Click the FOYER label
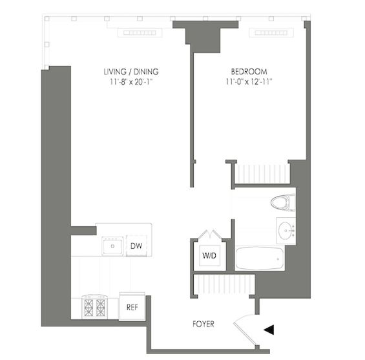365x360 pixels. click(x=203, y=324)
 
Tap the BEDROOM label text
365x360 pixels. click(x=249, y=72)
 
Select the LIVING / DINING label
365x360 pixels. click(x=131, y=72)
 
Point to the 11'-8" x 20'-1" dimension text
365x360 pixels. click(x=131, y=82)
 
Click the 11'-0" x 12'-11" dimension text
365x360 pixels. click(x=249, y=82)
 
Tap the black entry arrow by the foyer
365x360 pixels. click(x=269, y=330)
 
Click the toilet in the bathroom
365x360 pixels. click(x=283, y=202)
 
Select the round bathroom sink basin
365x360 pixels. click(x=285, y=231)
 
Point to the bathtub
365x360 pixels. click(x=259, y=259)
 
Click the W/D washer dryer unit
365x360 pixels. click(x=209, y=255)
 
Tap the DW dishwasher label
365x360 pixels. click(x=136, y=246)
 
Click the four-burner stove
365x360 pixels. click(x=95, y=307)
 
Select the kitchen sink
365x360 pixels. click(x=112, y=246)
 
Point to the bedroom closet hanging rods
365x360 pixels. click(x=262, y=174)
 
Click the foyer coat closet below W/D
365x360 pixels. click(x=224, y=284)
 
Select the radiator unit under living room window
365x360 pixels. click(x=140, y=32)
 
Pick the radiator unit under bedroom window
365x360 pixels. click(x=271, y=32)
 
